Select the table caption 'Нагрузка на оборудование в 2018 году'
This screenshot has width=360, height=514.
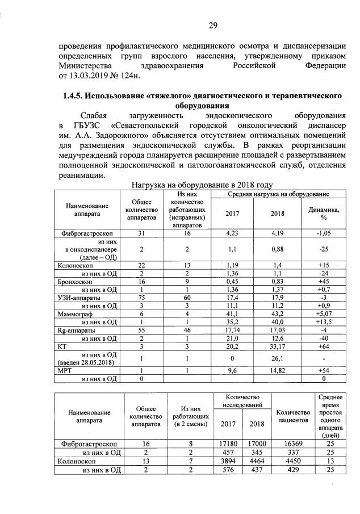coord(202,185)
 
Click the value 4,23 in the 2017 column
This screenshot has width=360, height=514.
coord(233,233)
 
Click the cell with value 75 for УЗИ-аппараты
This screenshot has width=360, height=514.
coord(141,297)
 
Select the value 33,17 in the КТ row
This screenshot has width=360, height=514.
coord(278,345)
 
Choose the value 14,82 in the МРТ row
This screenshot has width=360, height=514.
coord(278,370)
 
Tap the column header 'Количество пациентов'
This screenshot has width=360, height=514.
coord(291,416)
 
